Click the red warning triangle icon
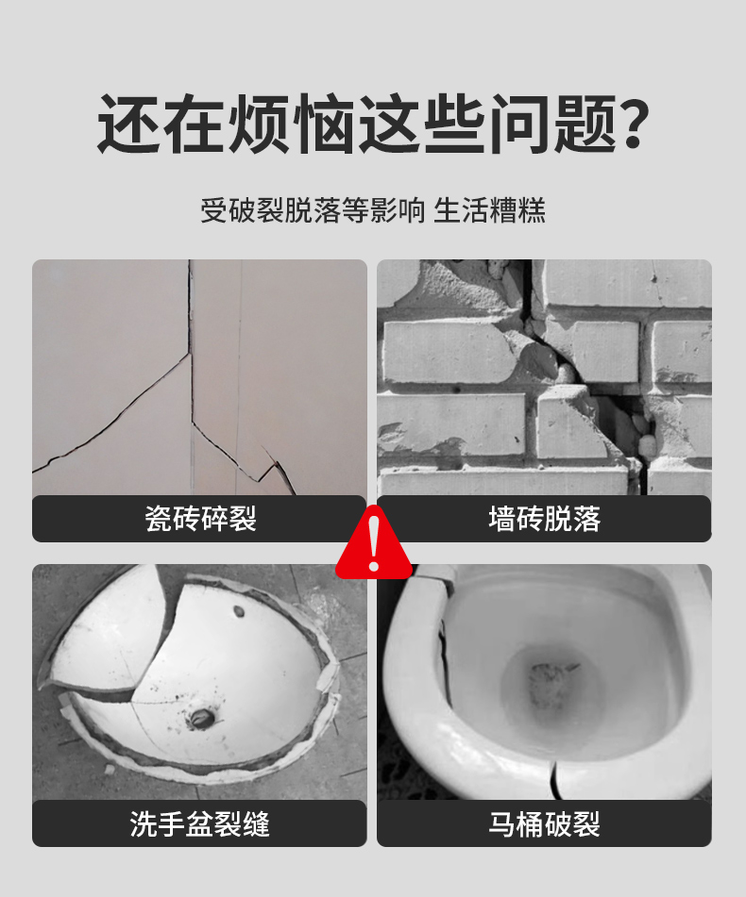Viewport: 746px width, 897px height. [x=373, y=543]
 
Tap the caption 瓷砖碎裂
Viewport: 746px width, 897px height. [x=200, y=519]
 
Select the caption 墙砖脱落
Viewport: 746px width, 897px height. [x=545, y=519]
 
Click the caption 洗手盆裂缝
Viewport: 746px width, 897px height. [x=200, y=823]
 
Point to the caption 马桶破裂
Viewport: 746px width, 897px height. [x=545, y=823]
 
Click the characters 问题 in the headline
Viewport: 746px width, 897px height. [x=553, y=124]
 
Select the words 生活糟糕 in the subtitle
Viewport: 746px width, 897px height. [x=489, y=210]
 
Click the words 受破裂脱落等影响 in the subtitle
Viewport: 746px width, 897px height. [x=313, y=210]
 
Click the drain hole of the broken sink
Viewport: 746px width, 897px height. [x=202, y=718]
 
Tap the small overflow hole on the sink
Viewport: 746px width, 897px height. [x=239, y=611]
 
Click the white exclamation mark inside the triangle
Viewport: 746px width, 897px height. [x=374, y=543]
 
